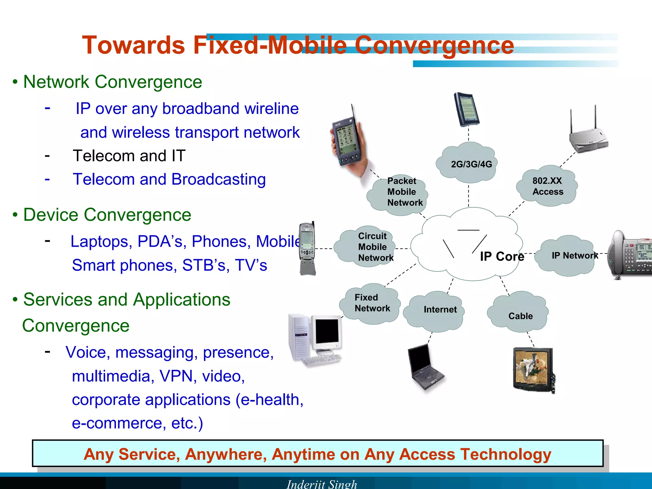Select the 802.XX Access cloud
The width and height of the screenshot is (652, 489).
point(547,186)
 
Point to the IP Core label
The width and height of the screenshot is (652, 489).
point(502,257)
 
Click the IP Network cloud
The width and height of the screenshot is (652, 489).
point(568,256)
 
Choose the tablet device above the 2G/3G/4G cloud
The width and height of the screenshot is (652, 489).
point(466,109)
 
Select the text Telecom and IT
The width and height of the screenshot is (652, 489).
point(129,156)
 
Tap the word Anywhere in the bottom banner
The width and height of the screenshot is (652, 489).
point(226,454)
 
